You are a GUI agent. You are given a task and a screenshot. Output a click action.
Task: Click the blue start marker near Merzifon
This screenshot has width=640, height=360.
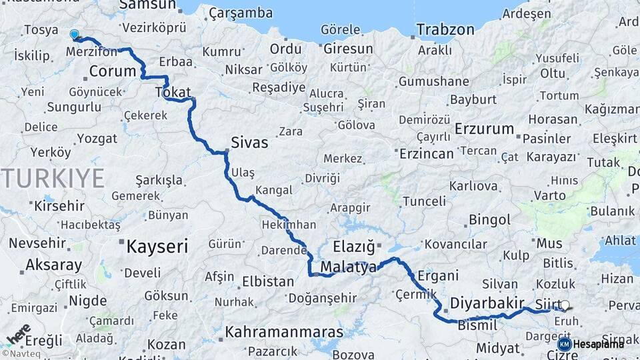[74, 34]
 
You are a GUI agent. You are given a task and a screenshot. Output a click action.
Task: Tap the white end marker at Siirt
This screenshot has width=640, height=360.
[565, 305]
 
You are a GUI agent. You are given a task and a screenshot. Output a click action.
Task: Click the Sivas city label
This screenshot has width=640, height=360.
[249, 142]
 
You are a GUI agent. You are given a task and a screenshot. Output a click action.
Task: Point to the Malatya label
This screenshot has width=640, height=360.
[349, 267]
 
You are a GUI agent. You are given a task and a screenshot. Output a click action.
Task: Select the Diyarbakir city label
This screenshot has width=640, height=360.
[487, 303]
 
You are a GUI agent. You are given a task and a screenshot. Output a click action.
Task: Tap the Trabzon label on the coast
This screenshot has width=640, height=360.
[445, 29]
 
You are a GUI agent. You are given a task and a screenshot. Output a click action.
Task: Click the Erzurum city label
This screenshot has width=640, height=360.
[484, 129]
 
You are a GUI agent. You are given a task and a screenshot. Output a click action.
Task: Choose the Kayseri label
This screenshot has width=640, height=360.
[157, 247]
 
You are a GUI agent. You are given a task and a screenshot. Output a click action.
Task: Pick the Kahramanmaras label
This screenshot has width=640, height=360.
[284, 331]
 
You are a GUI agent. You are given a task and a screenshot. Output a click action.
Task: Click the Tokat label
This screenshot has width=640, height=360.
[173, 92]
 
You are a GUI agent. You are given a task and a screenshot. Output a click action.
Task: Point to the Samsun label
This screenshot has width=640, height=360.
[147, 5]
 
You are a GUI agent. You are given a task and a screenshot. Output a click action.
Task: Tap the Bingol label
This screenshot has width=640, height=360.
[489, 219]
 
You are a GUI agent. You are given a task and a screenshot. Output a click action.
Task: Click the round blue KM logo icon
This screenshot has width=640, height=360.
[565, 344]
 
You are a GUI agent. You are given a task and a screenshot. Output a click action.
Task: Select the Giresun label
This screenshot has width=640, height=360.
[348, 49]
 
